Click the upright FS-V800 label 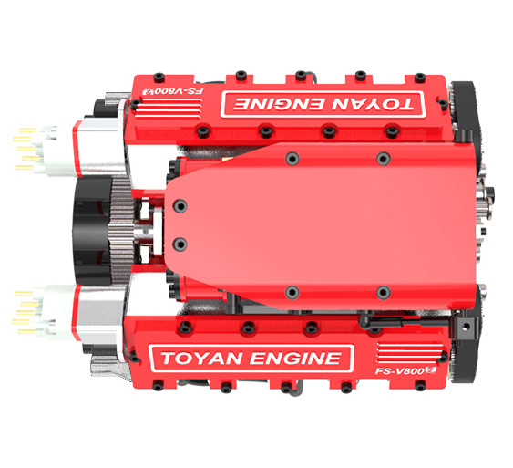pyautogui.click(x=398, y=372)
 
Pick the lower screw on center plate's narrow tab pyautogui.click(x=179, y=244)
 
